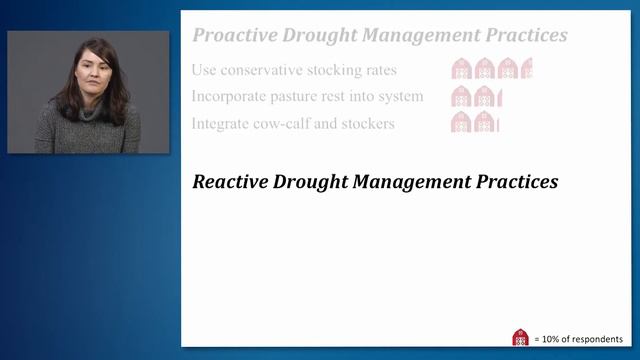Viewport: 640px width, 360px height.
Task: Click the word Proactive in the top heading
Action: pos(234,36)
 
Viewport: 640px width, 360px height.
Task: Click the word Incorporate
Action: pos(234,97)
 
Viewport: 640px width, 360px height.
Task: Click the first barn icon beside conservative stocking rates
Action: pos(462,69)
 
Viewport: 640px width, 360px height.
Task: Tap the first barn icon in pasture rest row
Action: pos(462,97)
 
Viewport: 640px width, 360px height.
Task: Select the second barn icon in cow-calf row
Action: pos(485,123)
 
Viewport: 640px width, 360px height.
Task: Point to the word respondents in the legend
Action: pos(598,339)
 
